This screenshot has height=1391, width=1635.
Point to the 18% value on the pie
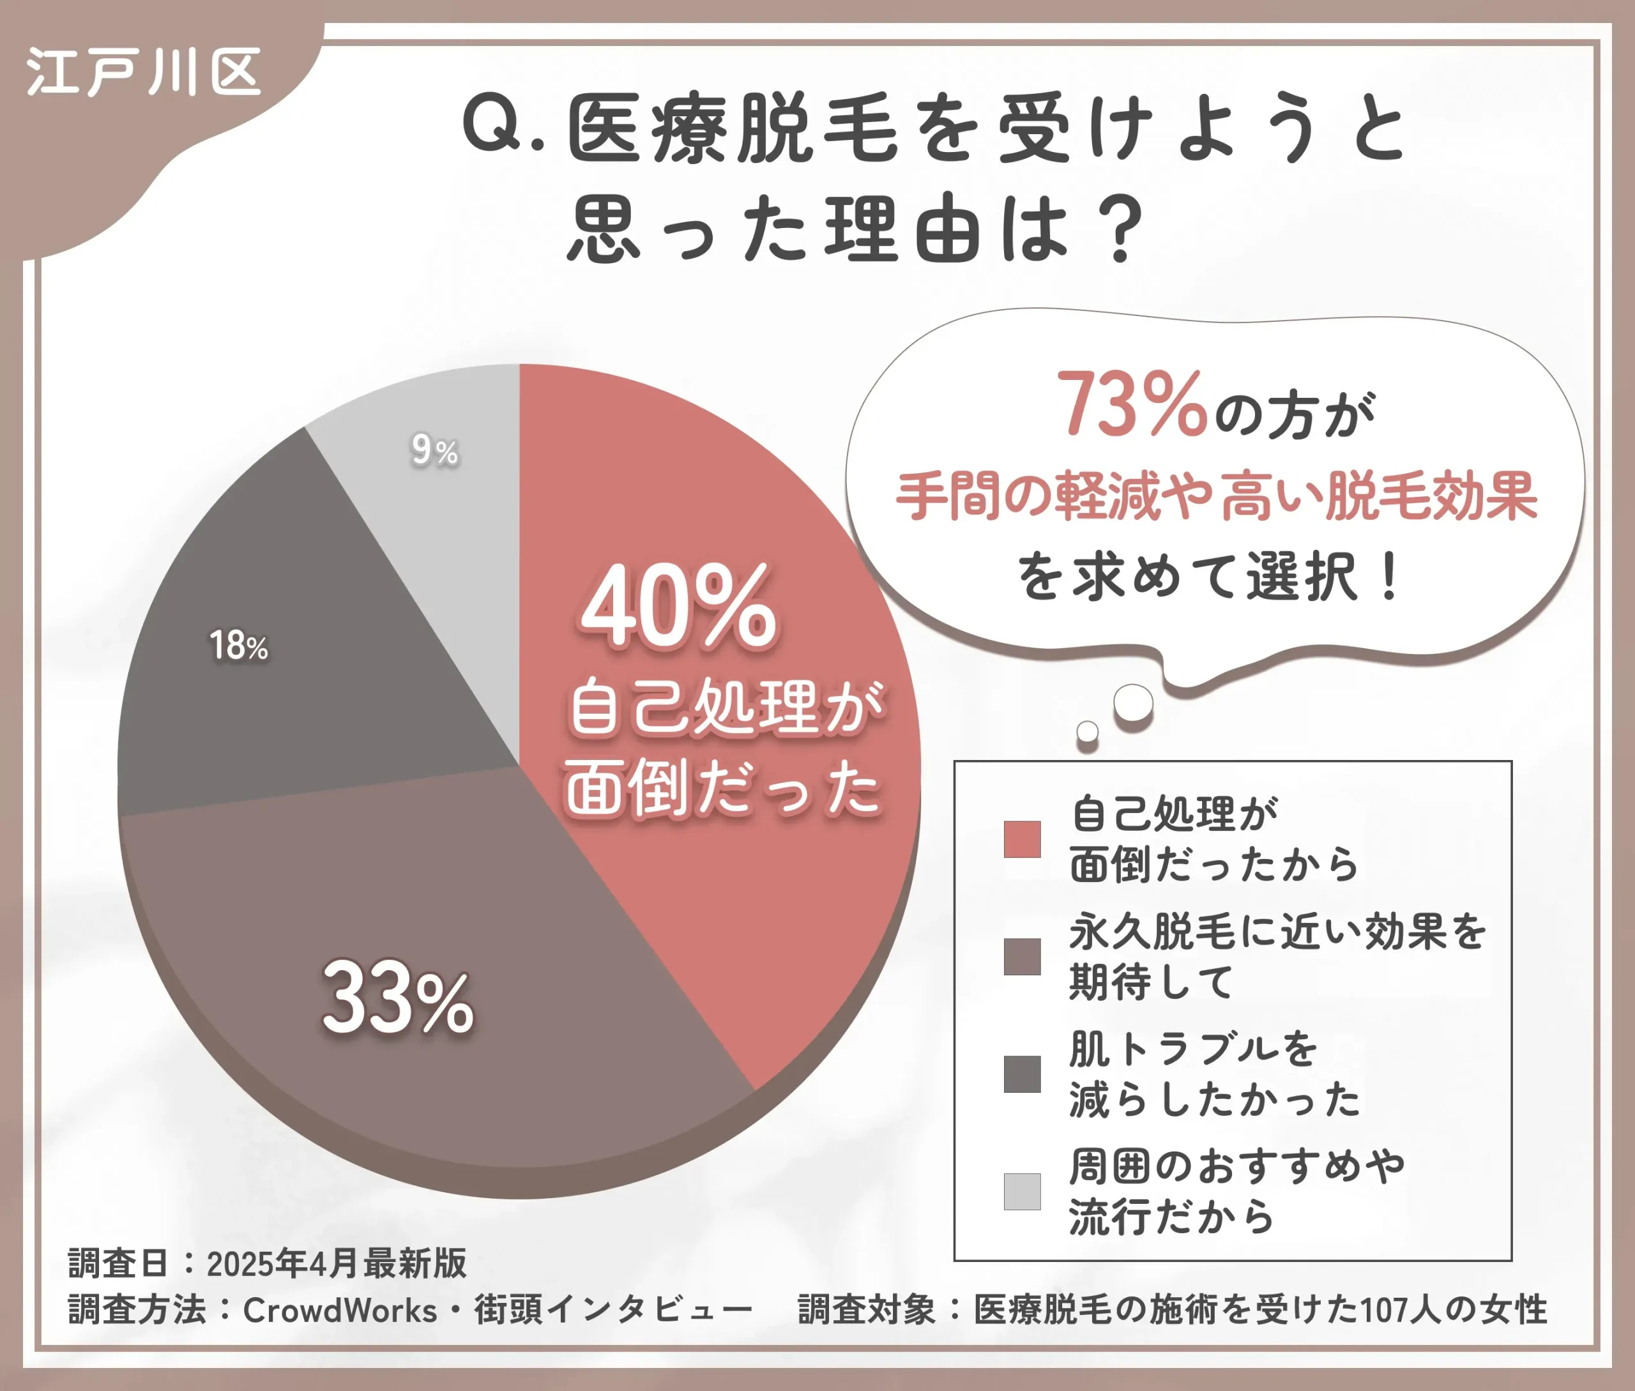click(x=238, y=646)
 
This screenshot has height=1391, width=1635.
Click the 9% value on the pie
click(x=434, y=450)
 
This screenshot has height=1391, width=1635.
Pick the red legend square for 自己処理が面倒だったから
click(x=1021, y=839)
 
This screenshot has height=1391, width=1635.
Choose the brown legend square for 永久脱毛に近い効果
click(x=1021, y=957)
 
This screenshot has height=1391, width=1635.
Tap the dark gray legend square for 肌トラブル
click(x=1021, y=1074)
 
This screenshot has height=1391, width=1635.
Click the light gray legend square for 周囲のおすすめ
click(x=1021, y=1192)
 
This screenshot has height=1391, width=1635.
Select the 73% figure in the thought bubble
click(x=1131, y=404)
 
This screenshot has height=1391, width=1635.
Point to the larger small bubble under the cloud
click(x=1134, y=703)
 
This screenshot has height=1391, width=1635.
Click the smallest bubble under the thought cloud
click(x=1088, y=732)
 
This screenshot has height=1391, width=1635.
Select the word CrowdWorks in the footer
click(x=339, y=1310)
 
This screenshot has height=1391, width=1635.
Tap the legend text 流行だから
click(x=1171, y=1217)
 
